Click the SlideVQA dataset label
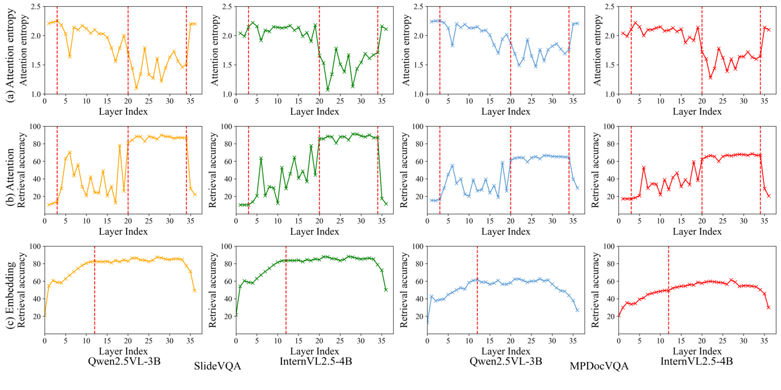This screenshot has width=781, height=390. click(218, 366)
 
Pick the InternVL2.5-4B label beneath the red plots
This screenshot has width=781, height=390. click(697, 361)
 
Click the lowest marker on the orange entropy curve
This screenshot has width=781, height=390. click(136, 88)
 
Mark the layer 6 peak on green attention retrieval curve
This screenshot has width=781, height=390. click(261, 158)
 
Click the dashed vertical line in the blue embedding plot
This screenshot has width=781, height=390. click(477, 290)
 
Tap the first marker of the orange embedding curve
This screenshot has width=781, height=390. click(45, 315)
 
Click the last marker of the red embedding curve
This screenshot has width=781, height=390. click(768, 307)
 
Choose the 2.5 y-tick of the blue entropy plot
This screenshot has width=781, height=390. click(418, 7)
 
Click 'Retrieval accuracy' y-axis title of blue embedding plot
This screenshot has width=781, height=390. click(404, 290)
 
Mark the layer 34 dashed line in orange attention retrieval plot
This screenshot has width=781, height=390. click(186, 170)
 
